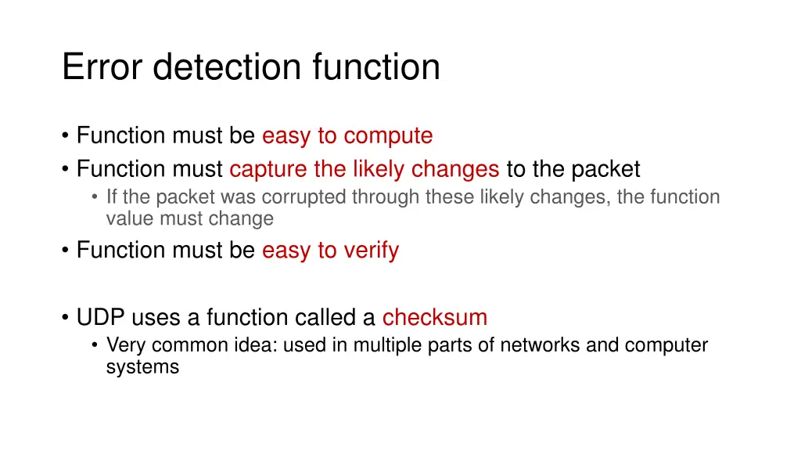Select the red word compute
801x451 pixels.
388,135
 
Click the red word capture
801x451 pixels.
268,169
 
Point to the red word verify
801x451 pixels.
370,251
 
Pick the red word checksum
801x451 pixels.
435,317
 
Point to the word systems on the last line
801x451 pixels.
142,366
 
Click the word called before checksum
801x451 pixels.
327,317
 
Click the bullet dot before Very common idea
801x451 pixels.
95,345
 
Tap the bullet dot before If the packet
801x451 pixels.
95,197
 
